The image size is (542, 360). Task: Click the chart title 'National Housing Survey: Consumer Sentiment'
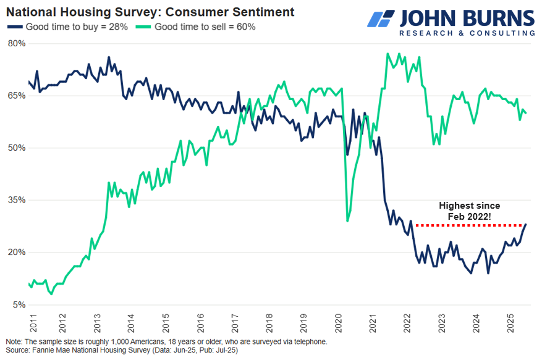click(150, 12)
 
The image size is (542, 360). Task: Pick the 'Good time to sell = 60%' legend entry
click(197, 27)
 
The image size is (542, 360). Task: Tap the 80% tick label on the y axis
click(17, 43)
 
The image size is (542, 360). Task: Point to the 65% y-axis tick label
click(17, 96)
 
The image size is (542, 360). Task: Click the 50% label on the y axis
click(17, 148)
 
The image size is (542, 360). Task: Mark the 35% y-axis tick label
click(17, 200)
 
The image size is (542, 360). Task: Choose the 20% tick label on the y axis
click(17, 253)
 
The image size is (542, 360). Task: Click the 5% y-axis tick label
click(19, 304)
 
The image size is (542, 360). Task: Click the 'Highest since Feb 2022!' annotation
click(470, 211)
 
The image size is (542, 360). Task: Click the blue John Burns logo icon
click(382, 18)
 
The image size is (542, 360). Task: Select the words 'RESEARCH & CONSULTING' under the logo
click(467, 33)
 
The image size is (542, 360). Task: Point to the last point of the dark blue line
click(526, 224)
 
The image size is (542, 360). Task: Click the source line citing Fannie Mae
click(121, 351)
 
